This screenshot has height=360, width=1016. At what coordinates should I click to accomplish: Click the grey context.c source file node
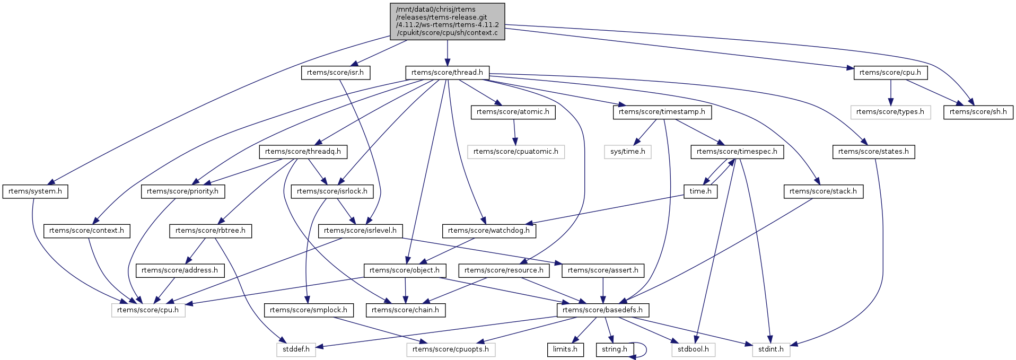(x=447, y=21)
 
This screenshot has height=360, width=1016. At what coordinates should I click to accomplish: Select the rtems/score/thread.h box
(x=447, y=73)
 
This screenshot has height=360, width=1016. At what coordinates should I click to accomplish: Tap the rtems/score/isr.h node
(x=336, y=73)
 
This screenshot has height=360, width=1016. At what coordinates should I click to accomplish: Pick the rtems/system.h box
(x=36, y=191)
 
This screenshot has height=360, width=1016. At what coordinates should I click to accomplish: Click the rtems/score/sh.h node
(x=978, y=112)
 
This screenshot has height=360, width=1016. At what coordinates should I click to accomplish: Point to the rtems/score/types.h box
(x=890, y=112)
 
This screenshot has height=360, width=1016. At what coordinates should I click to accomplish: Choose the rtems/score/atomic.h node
(x=513, y=112)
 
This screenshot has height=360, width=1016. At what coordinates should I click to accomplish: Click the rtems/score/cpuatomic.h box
(x=515, y=152)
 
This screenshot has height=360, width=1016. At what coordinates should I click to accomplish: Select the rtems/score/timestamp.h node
(x=662, y=112)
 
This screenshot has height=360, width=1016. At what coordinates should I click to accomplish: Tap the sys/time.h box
(x=627, y=152)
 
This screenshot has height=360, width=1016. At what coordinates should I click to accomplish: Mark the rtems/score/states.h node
(x=873, y=152)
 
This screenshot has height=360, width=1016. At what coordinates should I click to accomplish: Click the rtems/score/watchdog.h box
(x=488, y=231)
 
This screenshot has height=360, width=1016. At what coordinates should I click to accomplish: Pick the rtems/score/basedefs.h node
(x=602, y=310)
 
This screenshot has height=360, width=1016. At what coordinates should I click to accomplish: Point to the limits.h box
(x=565, y=349)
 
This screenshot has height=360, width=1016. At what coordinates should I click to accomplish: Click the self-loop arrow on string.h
(x=645, y=349)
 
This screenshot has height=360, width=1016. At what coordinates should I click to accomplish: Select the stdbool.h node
(x=693, y=349)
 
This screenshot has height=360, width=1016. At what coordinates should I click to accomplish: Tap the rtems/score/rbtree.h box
(x=211, y=231)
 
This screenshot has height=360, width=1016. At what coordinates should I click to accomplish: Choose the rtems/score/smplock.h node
(x=308, y=310)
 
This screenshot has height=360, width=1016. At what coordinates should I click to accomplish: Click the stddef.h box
(x=295, y=349)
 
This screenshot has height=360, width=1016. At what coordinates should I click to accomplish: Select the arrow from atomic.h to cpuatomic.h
(x=514, y=131)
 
